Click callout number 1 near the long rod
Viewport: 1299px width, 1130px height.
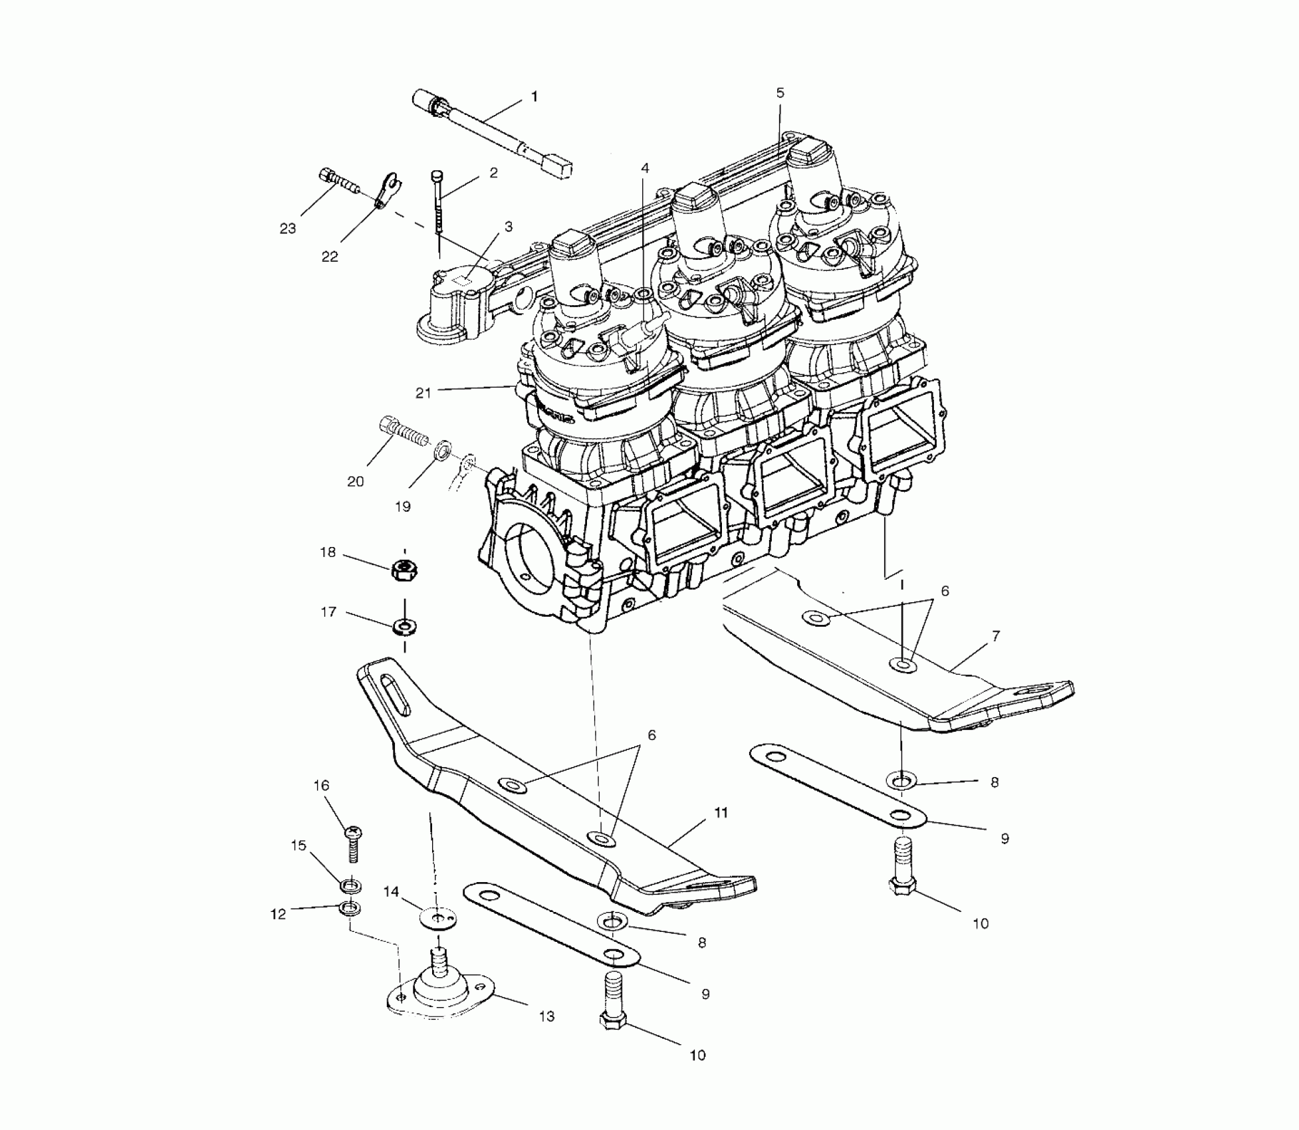[534, 97]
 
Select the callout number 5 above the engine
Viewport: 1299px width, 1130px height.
[780, 93]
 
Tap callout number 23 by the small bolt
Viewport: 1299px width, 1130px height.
[287, 229]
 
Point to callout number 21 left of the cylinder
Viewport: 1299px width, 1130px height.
[423, 394]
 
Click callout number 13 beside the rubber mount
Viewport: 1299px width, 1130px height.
[546, 1016]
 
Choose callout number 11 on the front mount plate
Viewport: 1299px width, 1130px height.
[721, 813]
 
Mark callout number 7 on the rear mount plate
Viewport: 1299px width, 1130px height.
[995, 636]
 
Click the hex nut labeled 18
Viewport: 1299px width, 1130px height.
[403, 570]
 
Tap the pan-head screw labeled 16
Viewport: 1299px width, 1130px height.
[354, 844]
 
